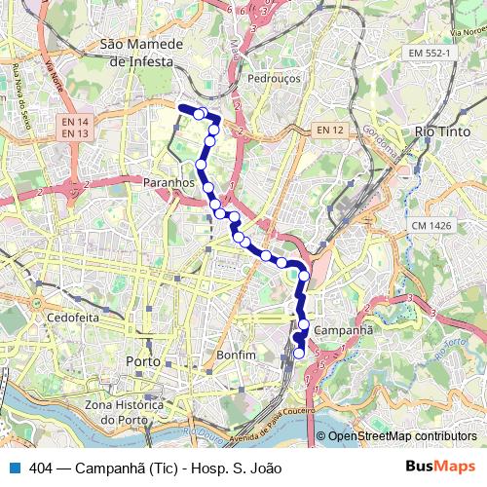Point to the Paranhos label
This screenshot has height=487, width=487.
(x=169, y=182)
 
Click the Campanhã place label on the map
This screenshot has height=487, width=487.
(x=346, y=330)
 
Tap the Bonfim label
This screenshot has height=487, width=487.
(x=237, y=356)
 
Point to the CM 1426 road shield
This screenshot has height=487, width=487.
(x=430, y=226)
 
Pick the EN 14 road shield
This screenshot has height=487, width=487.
(x=74, y=122)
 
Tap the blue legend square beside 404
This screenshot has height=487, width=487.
(x=15, y=468)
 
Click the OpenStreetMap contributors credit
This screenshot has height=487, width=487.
(x=401, y=436)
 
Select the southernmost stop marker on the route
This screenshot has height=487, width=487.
(x=299, y=354)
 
